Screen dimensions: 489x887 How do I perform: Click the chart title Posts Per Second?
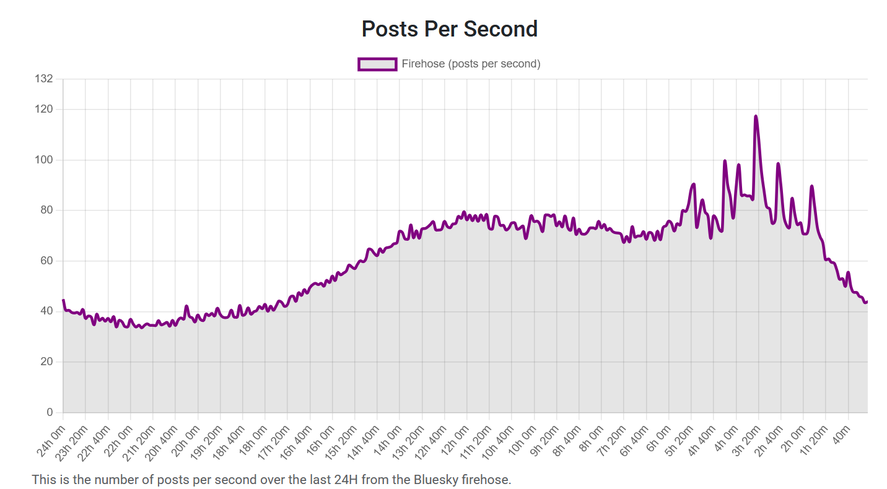(x=449, y=29)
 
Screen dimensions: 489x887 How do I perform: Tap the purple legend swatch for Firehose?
(x=377, y=64)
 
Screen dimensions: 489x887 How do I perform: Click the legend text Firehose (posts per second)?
(x=471, y=64)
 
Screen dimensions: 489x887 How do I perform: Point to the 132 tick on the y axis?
(x=45, y=79)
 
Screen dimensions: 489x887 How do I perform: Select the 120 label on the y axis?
(x=45, y=109)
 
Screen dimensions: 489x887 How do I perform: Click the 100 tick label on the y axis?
(x=45, y=160)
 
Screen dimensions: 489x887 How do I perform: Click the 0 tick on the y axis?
(x=50, y=412)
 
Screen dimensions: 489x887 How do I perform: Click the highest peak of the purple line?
(x=756, y=116)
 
